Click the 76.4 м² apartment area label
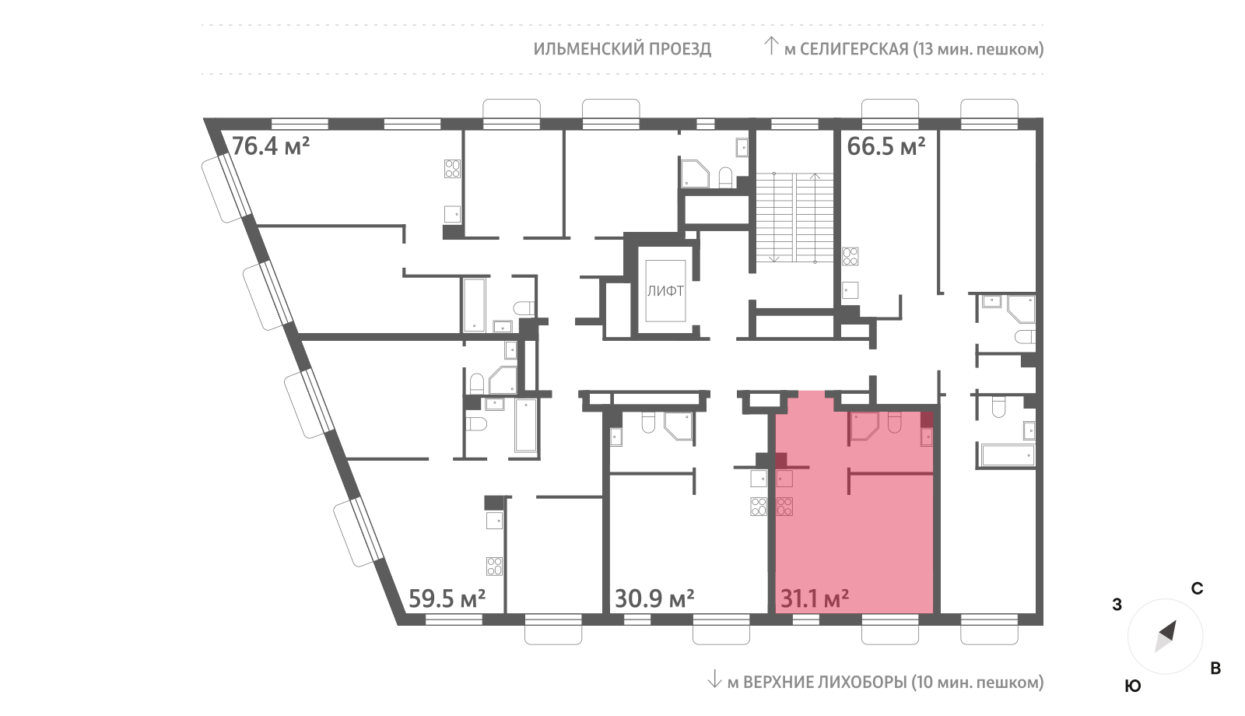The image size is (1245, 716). click(x=270, y=146)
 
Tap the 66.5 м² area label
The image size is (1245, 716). click(x=886, y=146)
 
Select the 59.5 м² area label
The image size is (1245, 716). click(x=447, y=598)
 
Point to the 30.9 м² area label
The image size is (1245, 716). click(x=654, y=598)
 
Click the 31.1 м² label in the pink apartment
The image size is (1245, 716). click(x=815, y=598)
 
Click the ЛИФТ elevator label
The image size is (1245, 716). click(x=665, y=291)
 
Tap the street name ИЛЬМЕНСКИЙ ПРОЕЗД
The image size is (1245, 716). click(x=622, y=49)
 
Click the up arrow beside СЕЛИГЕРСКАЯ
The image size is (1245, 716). click(x=771, y=46)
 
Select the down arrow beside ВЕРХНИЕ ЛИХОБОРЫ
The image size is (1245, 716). click(x=714, y=679)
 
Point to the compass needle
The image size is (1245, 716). click(x=1166, y=637)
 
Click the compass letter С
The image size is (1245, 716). click(x=1197, y=588)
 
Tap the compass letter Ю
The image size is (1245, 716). click(x=1133, y=686)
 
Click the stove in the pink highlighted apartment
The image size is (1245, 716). click(x=784, y=507)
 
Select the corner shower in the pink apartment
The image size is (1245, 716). click(x=864, y=426)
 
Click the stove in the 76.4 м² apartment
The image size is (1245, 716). click(x=452, y=168)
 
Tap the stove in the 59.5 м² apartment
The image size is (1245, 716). click(x=494, y=567)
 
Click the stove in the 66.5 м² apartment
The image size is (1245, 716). click(x=850, y=256)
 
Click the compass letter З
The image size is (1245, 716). click(x=1117, y=604)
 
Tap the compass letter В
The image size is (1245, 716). click(x=1215, y=669)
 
